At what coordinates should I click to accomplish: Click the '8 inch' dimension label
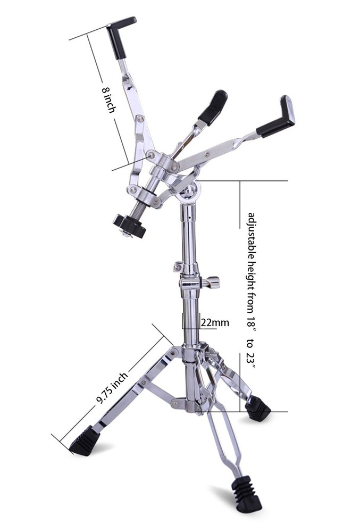click(108, 100)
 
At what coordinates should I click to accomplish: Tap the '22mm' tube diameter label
click(215, 322)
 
